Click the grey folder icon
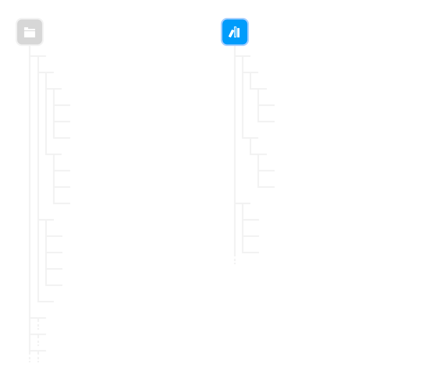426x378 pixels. tap(29, 32)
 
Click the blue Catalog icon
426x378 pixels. tap(234, 32)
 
